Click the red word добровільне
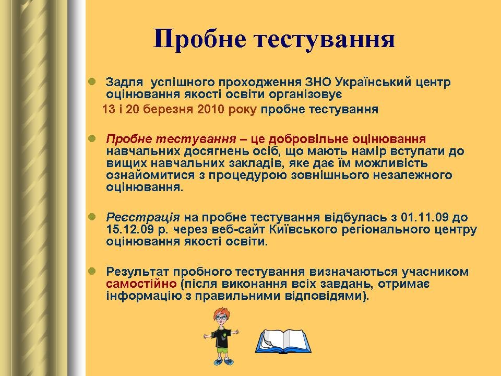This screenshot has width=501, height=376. coord(308,139)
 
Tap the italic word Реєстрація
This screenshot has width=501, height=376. coord(143,217)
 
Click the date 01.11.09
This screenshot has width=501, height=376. coord(425,217)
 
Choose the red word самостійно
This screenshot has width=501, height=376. coord(141,284)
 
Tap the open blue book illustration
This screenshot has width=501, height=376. coord(283,341)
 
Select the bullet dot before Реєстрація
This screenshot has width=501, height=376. coord(92,217)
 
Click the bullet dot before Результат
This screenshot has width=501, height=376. coord(92,272)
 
